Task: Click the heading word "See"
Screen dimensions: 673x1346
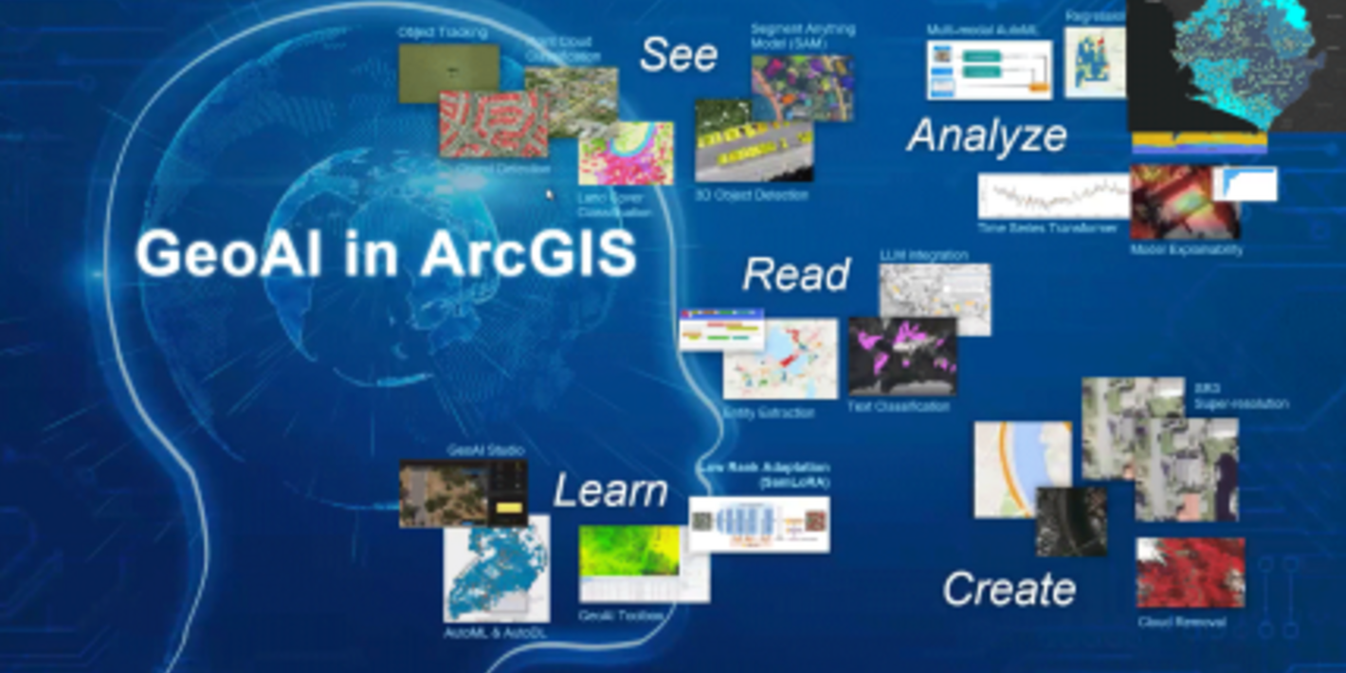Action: (678, 54)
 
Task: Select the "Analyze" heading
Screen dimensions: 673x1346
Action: (987, 136)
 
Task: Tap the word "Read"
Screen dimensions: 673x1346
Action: (796, 275)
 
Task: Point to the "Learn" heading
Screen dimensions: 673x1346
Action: (610, 491)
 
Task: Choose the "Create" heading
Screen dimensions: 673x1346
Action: (1009, 589)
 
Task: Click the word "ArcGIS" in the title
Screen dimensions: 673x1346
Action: (528, 254)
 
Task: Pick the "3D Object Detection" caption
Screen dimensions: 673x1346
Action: (752, 195)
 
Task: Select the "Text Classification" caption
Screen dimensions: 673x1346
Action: (898, 407)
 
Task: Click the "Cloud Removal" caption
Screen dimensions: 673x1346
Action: (1182, 622)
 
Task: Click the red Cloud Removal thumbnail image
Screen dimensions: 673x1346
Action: (1191, 573)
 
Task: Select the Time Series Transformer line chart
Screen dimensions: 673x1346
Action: (1052, 196)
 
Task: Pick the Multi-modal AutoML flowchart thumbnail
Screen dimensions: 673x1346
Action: (989, 69)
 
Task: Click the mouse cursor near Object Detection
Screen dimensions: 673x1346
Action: (548, 194)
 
